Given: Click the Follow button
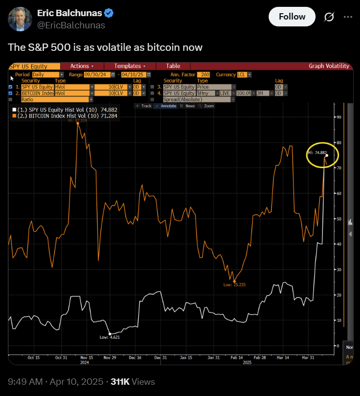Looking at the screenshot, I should click(292, 17).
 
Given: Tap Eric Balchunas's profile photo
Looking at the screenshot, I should click(19, 19).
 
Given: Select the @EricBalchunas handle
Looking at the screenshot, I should click(71, 25).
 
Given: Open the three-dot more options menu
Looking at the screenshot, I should click(348, 17).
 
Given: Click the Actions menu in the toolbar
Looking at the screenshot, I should click(82, 66).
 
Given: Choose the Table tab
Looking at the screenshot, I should click(173, 66).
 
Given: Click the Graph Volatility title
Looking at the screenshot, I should click(329, 66).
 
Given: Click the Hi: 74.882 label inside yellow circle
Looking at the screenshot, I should click(318, 153).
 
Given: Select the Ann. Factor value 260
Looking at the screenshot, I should click(205, 74).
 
